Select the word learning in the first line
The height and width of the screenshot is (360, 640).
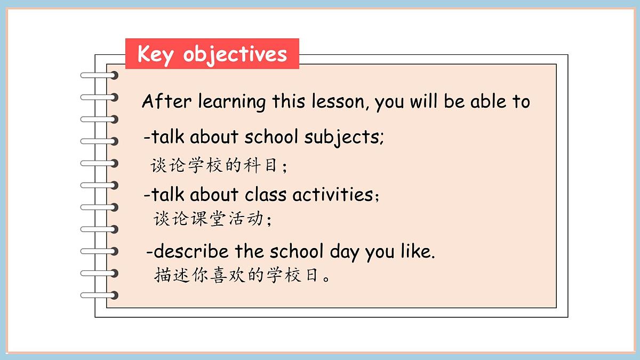point(232,101)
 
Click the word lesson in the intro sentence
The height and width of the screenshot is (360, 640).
point(340,101)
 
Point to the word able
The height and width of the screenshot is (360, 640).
point(487,101)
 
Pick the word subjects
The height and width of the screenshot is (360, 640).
point(343,138)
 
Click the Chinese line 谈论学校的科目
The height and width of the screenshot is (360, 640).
point(219,166)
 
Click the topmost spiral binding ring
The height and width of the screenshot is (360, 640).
point(99,75)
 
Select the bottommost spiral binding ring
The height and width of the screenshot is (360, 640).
point(99,295)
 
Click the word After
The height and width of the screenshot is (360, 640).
point(167,101)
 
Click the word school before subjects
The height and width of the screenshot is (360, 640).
point(271,138)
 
